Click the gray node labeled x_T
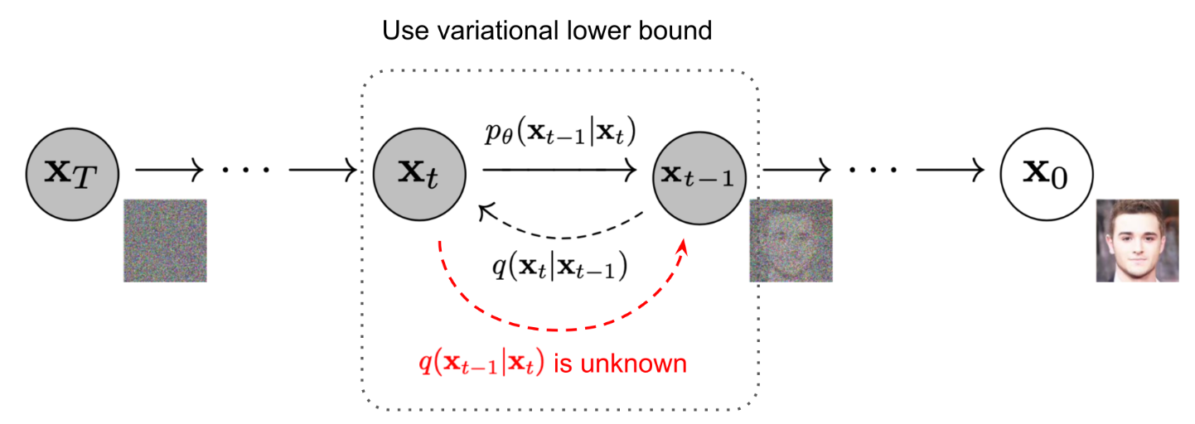[73, 173]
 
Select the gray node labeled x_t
[418, 173]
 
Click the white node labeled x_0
[1047, 173]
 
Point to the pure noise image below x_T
[165, 240]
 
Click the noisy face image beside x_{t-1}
[791, 240]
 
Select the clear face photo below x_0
[1137, 240]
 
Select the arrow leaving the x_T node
[169, 171]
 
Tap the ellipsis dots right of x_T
[246, 171]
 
